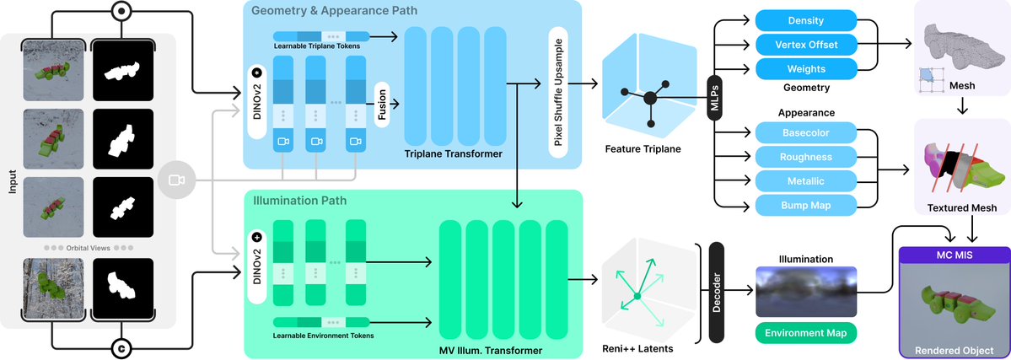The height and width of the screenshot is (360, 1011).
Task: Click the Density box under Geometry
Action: (805, 19)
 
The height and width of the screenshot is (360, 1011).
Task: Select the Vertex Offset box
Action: (805, 44)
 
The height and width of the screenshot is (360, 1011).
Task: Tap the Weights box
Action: (805, 67)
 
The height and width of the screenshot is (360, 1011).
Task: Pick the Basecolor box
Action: (805, 132)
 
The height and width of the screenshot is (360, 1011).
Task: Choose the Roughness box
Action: (805, 156)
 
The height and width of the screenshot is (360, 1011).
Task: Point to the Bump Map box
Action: (805, 204)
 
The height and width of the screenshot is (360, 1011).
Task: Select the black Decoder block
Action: (718, 292)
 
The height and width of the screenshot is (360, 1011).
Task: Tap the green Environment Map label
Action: (805, 333)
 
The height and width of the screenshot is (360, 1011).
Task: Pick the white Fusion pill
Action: (383, 103)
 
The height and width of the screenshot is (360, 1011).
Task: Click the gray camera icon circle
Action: (176, 180)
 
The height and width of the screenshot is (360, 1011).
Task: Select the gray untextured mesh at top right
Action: (957, 42)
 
